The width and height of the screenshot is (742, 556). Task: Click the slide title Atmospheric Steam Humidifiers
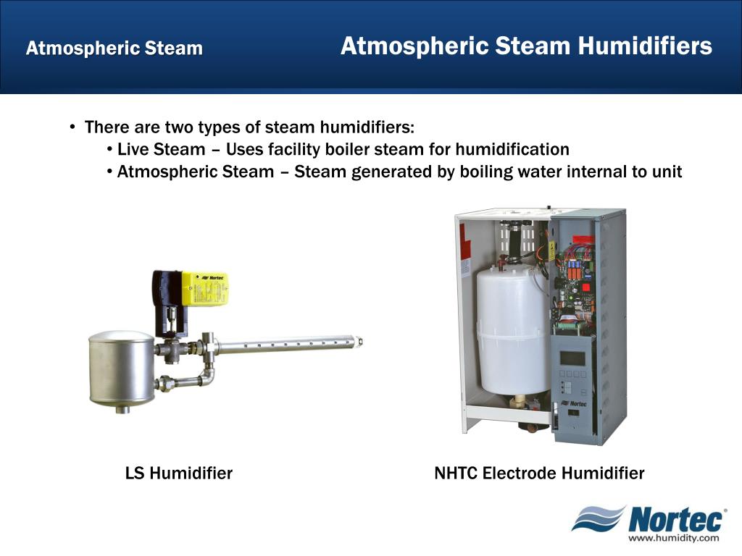click(x=526, y=47)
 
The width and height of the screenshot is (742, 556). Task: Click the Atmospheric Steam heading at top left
click(x=114, y=49)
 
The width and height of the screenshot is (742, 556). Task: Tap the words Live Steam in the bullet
click(x=161, y=150)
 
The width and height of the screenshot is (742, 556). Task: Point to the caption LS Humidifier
click(x=179, y=473)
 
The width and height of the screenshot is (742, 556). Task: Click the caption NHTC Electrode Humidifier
click(x=539, y=473)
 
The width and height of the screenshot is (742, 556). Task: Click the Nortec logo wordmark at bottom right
click(x=675, y=520)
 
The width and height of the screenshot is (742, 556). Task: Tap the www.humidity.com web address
click(x=673, y=538)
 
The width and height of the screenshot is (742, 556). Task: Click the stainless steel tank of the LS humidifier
click(x=121, y=367)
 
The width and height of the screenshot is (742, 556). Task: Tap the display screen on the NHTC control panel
click(x=573, y=358)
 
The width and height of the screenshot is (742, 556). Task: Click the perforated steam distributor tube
click(x=290, y=345)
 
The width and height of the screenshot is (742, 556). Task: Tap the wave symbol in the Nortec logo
click(x=598, y=518)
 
